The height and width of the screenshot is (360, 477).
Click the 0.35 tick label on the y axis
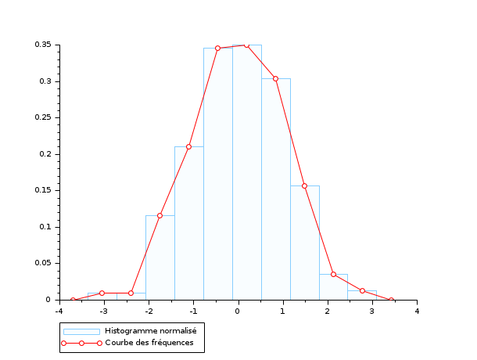pos(42,45)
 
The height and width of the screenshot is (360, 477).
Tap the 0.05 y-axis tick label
pos(42,263)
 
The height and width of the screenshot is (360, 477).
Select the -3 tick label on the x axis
pos(103,311)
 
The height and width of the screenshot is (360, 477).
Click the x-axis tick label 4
pos(417,311)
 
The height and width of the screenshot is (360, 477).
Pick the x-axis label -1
pos(192,311)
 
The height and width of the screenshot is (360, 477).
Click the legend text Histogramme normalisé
pos(150,331)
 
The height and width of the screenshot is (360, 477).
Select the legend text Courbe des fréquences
pos(149,344)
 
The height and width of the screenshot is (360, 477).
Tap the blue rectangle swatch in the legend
pos(81,331)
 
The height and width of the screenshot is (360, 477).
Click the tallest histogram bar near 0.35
pos(246,172)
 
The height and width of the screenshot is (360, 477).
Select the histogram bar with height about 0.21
pos(188,223)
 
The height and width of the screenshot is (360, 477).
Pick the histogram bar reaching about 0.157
pos(304,243)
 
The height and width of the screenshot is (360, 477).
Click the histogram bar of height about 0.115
pos(160,257)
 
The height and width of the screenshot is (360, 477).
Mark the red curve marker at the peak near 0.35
pos(246,45)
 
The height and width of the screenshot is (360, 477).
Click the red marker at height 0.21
pos(188,146)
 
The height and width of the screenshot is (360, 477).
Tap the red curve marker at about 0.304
pos(275,78)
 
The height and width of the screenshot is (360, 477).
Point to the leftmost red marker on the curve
pos(73,300)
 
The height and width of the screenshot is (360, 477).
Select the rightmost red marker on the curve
pos(391,300)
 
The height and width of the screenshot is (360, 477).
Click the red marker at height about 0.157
pos(304,185)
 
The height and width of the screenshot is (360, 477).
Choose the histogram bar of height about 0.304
pos(275,189)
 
